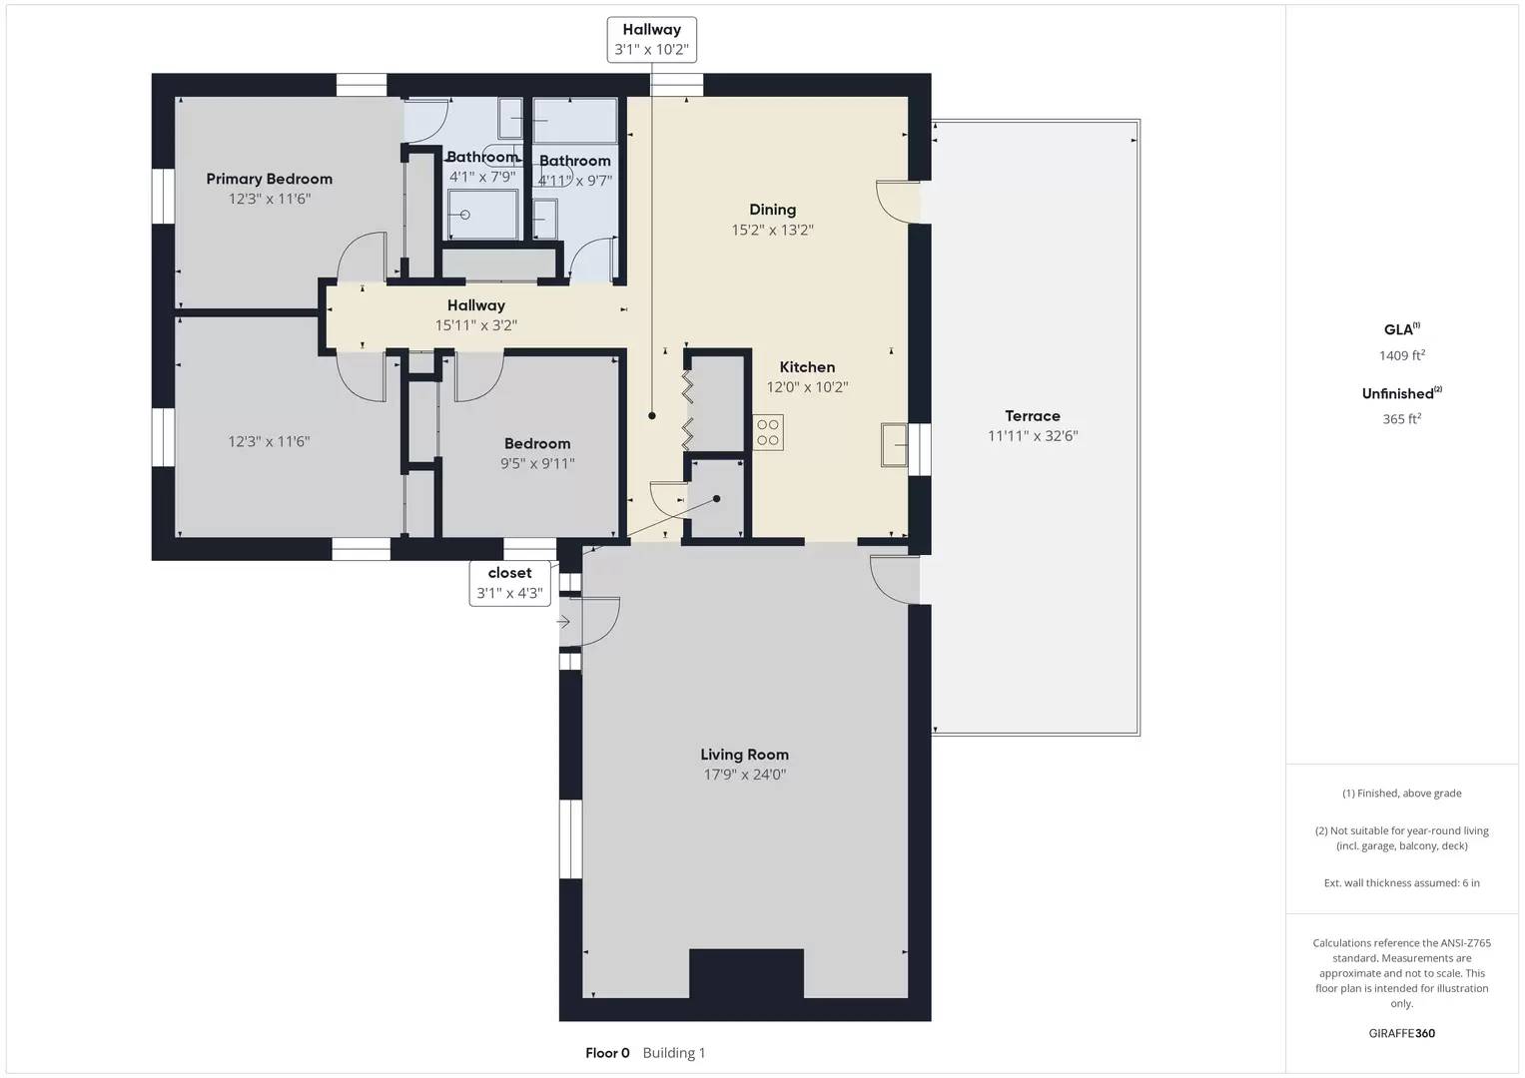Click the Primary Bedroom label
269,179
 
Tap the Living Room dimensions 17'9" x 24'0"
744,775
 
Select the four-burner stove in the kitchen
768,432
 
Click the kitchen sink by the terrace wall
895,444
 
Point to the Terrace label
1033,416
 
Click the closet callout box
509,583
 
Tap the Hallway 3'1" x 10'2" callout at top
651,40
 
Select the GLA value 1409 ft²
1401,355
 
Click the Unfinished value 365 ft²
1401,419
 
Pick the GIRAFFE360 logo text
1401,1033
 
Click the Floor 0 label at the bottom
607,1053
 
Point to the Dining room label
772,210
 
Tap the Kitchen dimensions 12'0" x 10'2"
807,387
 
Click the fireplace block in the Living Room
746,973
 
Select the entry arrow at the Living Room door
563,622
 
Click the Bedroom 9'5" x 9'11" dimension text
537,463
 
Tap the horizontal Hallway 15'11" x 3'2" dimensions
475,325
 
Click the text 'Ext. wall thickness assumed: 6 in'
1401,882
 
